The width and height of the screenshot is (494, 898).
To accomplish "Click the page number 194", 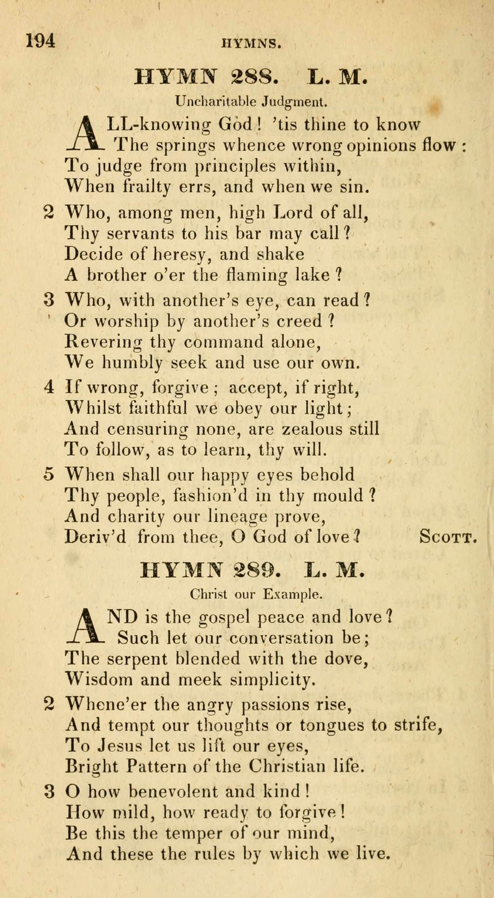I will tap(40, 41).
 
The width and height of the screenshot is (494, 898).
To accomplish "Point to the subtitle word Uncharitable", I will tap(216, 102).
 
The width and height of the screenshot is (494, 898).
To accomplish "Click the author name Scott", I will tap(448, 537).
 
